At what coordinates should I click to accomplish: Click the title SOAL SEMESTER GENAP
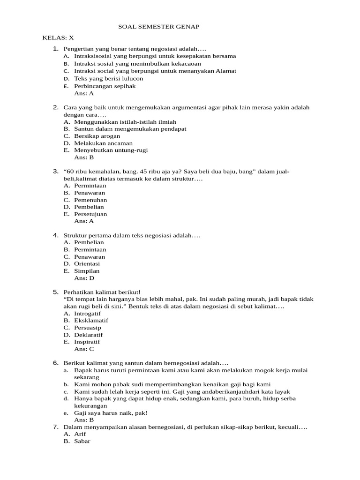tap(158, 27)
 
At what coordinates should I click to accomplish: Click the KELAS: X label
tap(58, 37)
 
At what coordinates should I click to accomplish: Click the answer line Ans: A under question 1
tap(84, 93)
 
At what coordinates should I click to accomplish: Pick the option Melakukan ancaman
tap(103, 143)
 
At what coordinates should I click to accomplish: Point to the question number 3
tap(55, 172)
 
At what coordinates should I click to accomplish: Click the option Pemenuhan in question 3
tap(90, 200)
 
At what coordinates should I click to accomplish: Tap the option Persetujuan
tap(90, 214)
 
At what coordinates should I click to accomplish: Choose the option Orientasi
tap(87, 263)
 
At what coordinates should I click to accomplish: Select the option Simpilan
tap(87, 271)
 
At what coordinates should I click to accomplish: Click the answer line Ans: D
tap(84, 278)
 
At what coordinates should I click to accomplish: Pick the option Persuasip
tap(88, 328)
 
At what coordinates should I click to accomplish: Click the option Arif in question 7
tap(80, 434)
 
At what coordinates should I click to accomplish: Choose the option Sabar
tap(82, 441)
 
